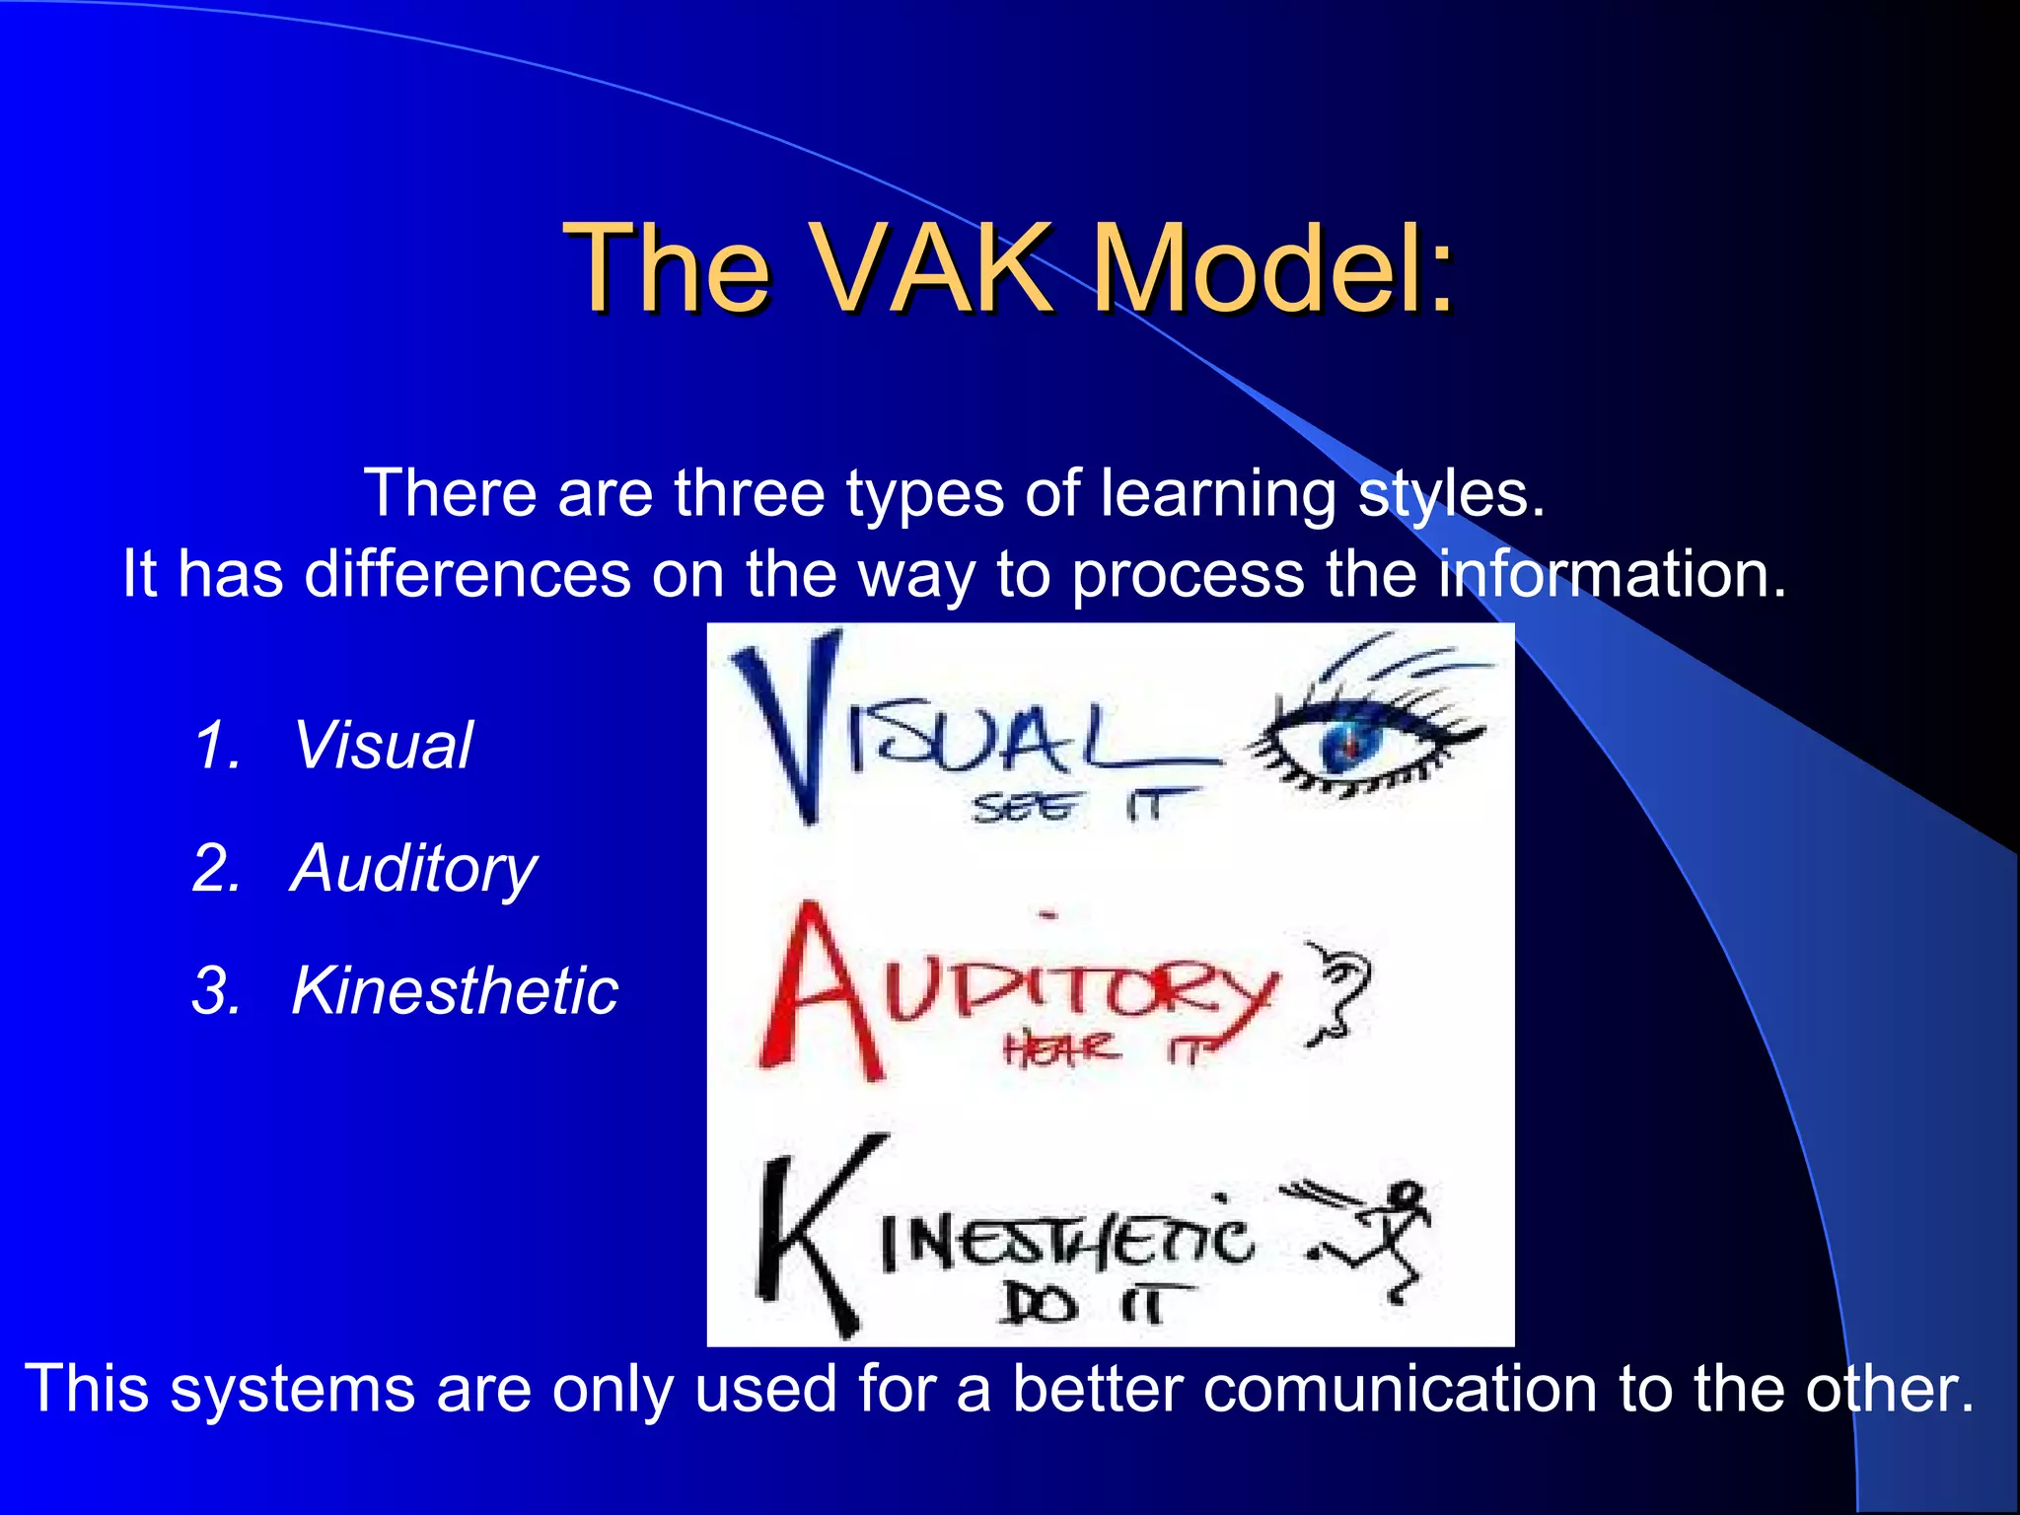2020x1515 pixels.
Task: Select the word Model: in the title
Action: coord(1273,267)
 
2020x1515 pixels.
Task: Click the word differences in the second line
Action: coord(467,573)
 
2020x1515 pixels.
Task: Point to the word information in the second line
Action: coord(1611,573)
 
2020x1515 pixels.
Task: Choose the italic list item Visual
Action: coord(383,745)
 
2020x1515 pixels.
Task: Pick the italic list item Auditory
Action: coord(413,869)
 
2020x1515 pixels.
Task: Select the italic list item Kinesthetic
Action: coord(455,990)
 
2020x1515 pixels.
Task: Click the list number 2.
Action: coord(216,869)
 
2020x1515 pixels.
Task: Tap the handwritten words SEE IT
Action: coord(1080,808)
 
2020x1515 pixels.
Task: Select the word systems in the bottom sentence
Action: coord(292,1390)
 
